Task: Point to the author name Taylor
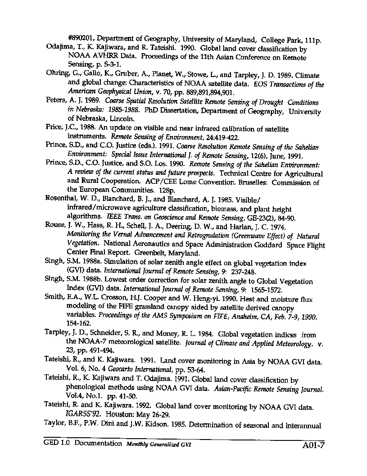[x=55, y=425]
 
